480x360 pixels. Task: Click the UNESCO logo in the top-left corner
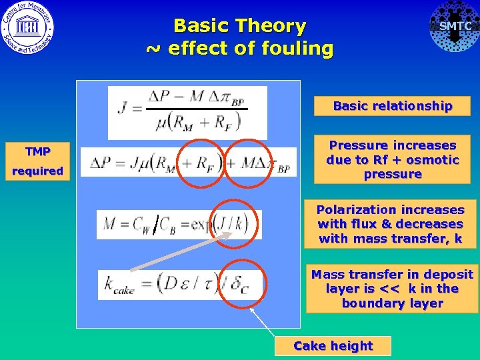pos(27,27)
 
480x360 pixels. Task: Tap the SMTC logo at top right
pos(454,27)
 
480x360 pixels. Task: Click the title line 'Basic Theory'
pos(239,26)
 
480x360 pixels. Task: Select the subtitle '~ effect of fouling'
pos(239,49)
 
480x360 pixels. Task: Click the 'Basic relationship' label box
pos(392,106)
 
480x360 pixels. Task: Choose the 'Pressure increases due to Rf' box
pos(392,160)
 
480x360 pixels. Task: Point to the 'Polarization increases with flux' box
pos(391,225)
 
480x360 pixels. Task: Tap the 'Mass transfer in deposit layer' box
pos(392,289)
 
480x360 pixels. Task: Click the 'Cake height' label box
pos(333,346)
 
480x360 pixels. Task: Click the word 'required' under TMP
pos(38,171)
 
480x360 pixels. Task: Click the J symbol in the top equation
pos(122,109)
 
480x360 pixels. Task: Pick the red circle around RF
pos(198,163)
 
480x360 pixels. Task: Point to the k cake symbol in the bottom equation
pos(117,285)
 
